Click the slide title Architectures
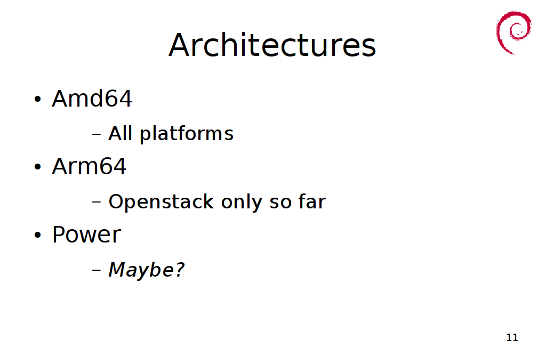pos(272,45)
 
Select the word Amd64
pos(92,99)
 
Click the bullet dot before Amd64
pos(38,99)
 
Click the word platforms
pos(187,134)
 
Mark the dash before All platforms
pos(97,134)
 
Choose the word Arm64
pos(89,166)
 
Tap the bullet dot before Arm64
pos(38,167)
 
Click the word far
pos(312,201)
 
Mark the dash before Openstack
pos(97,202)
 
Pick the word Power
pos(86,234)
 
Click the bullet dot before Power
pos(38,235)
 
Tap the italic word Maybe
pos(141,270)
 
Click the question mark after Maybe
pos(179,269)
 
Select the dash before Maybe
pos(97,270)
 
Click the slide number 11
pos(512,337)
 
